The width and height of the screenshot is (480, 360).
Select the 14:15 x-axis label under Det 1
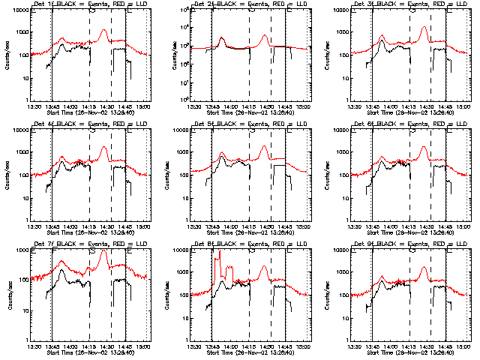pyautogui.click(x=88, y=107)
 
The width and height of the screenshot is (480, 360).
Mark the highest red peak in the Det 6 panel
pyautogui.click(x=424, y=148)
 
